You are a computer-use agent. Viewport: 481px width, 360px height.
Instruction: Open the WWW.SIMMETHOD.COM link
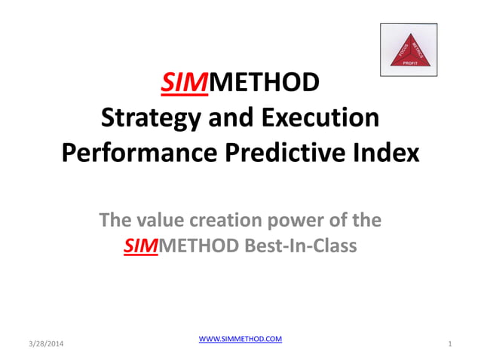click(240, 340)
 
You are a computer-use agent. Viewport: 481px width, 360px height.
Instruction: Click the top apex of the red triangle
click(408, 33)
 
